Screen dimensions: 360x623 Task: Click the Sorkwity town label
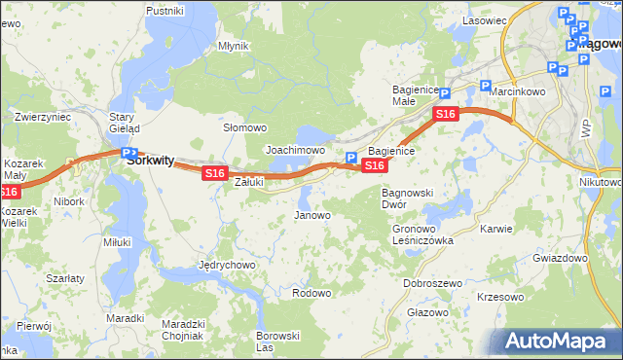[152, 162]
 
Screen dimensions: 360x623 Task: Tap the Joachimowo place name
[295, 151]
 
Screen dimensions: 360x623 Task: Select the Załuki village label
[250, 181]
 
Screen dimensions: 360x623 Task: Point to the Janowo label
[312, 215]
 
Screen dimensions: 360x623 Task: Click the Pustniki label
[165, 10]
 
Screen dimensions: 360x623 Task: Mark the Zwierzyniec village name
[43, 117]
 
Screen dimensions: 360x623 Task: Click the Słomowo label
[245, 127]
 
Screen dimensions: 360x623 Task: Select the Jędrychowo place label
[227, 265]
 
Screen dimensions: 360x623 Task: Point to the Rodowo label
[311, 293]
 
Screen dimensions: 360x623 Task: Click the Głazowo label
[427, 312]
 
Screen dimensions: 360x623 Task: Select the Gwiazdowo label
[561, 259]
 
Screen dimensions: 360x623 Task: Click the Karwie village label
[496, 229]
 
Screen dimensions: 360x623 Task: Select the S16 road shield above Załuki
[215, 173]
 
